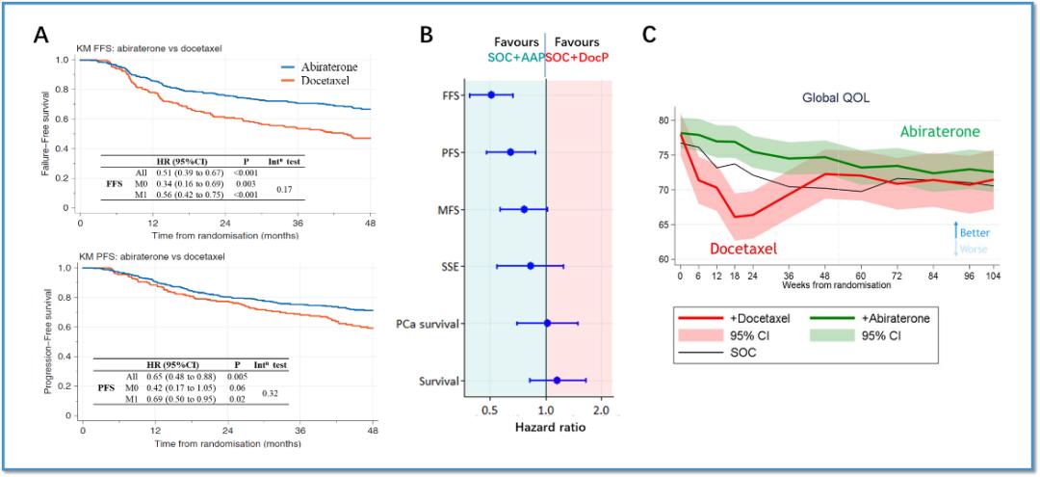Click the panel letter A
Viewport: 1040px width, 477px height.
(40, 35)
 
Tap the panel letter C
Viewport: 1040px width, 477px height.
(650, 35)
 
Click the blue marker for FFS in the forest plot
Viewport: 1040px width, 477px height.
(491, 94)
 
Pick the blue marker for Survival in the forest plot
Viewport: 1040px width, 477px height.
(557, 381)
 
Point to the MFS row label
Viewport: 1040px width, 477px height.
(446, 209)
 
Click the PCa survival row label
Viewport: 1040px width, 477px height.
(425, 323)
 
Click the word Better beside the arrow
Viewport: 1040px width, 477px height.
(974, 232)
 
